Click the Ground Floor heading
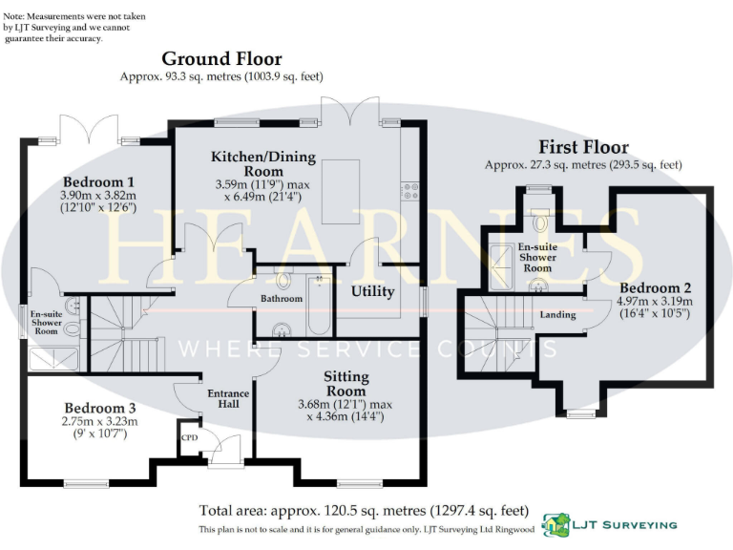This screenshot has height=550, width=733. tap(221, 59)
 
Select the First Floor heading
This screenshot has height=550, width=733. tap(583, 147)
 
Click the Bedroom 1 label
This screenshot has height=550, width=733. tap(98, 181)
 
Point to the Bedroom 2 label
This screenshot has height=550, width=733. tap(655, 287)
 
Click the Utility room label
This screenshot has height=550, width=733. tap(373, 291)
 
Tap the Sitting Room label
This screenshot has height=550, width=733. tap(346, 384)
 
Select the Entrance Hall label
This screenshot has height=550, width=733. tap(228, 398)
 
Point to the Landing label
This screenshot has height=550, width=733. tap(557, 314)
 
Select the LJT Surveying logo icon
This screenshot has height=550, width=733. tap(556, 524)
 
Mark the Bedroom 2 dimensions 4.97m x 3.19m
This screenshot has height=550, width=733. tap(655, 303)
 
